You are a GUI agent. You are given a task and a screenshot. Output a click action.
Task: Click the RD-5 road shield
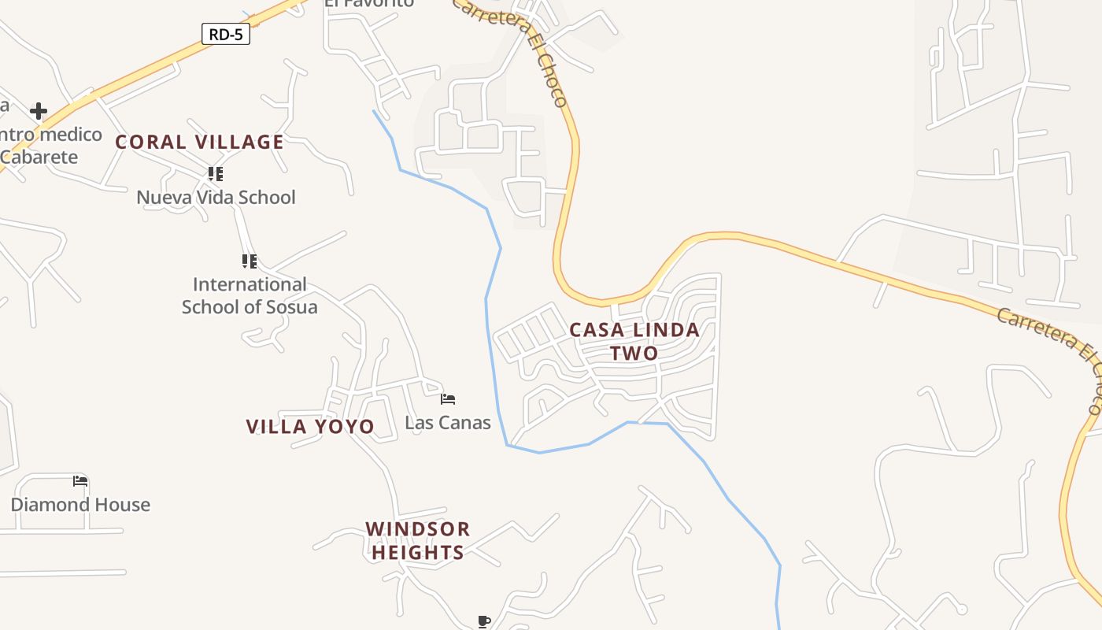226,35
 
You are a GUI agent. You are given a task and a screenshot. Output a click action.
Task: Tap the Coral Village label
199,142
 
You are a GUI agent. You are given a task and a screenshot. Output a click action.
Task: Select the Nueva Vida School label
216,197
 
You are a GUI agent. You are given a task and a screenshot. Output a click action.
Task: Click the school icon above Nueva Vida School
216,173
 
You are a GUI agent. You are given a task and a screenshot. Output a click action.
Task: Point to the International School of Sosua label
250,295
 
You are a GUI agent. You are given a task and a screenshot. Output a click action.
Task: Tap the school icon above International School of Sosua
250,261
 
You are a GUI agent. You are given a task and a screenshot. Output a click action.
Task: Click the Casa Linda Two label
634,341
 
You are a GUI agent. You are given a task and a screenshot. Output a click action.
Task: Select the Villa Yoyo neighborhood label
310,427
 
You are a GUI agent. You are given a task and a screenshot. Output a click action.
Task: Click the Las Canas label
448,423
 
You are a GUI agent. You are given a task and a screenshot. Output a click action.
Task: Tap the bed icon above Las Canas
448,399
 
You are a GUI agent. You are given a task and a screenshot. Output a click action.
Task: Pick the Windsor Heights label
418,540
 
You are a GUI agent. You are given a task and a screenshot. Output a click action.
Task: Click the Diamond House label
80,505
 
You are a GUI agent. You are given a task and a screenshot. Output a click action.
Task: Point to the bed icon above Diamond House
80,481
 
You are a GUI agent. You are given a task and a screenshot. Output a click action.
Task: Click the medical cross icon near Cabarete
38,111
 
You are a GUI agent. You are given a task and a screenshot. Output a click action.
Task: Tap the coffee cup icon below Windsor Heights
484,621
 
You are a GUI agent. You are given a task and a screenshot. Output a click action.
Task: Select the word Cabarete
39,157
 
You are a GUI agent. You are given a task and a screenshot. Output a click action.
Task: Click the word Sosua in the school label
289,307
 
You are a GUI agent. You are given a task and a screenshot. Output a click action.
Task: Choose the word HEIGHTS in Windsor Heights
418,553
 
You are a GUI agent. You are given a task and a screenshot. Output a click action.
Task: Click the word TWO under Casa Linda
634,354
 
